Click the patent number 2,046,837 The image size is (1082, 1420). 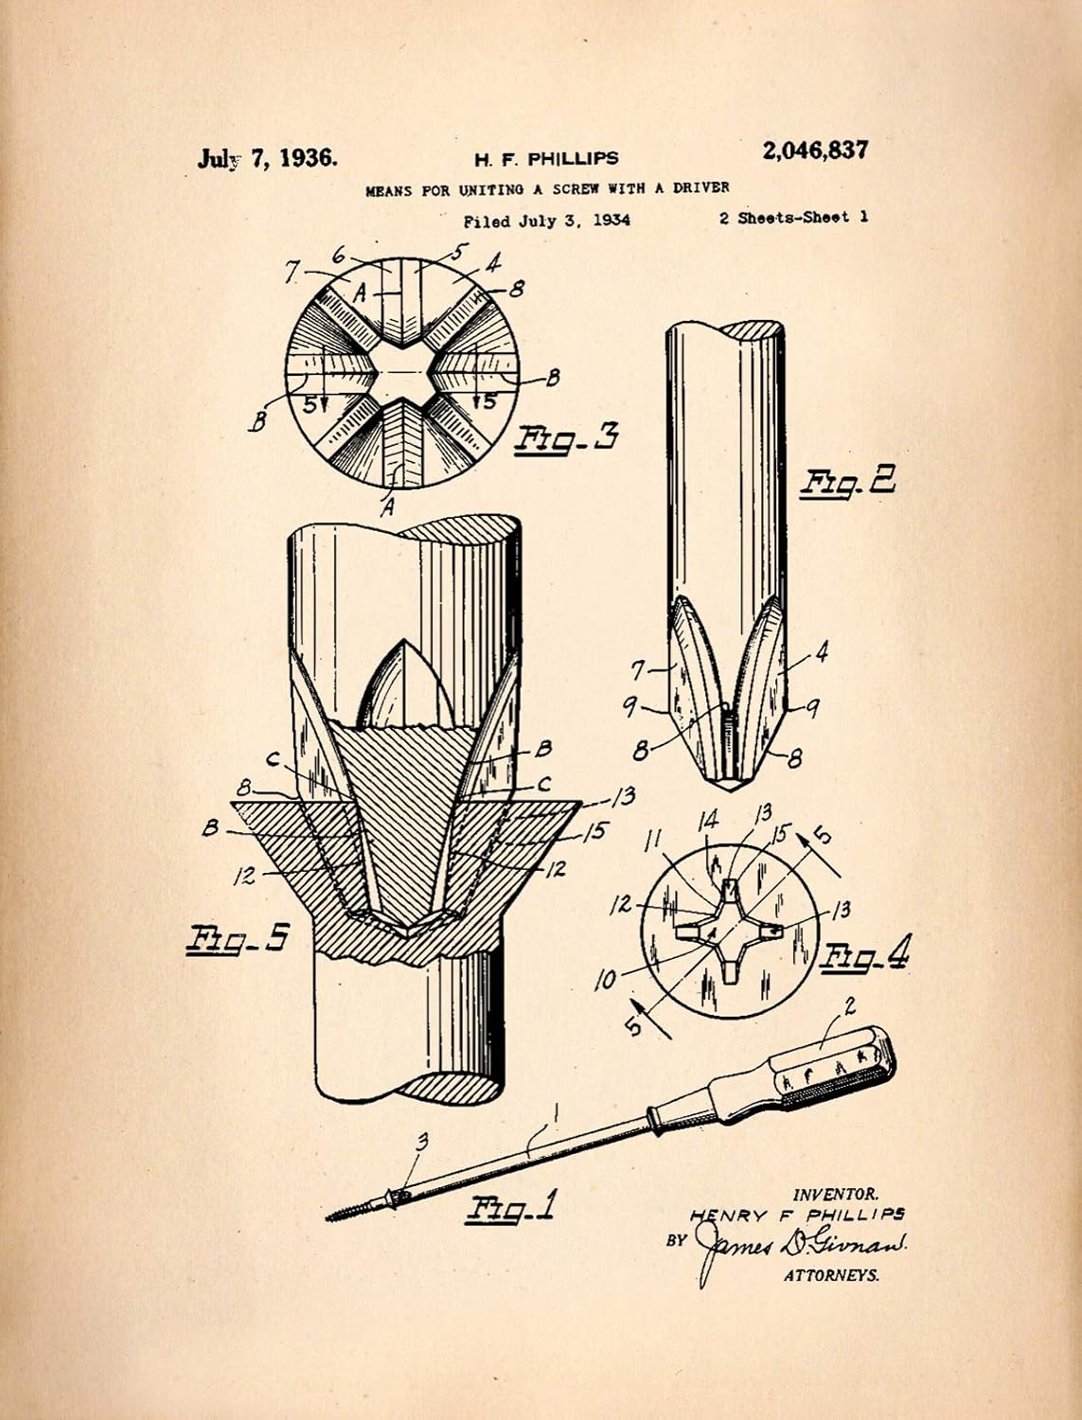click(814, 151)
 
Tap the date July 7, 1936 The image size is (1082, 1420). click(267, 158)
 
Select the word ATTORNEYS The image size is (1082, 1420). click(831, 1275)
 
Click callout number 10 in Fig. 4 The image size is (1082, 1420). click(605, 981)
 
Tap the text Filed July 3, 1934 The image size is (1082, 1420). click(546, 222)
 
